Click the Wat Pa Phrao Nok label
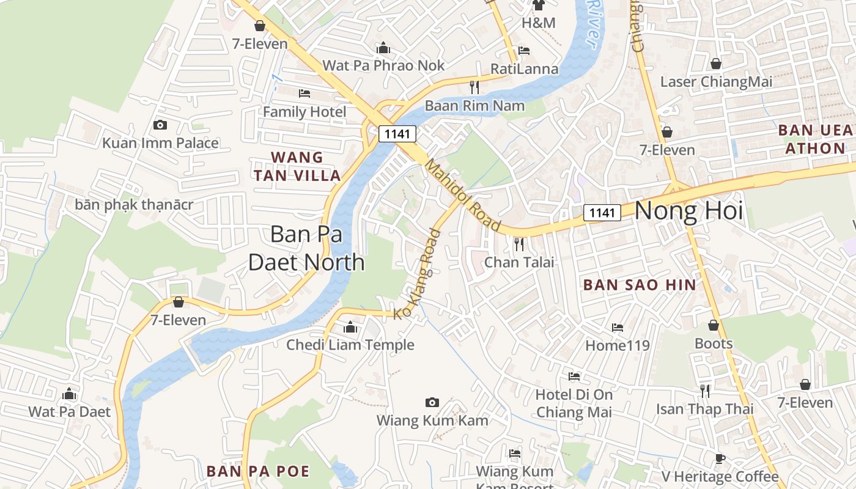383,65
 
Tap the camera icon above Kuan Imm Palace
160,125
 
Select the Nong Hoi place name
688,211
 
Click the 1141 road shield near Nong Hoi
602,213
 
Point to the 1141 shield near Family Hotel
397,134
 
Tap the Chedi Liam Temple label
350,345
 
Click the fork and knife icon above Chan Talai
519,244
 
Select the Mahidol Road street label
463,196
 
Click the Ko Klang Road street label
417,274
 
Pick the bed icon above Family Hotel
304,94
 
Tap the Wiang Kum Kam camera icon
432,402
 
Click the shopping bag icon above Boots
714,325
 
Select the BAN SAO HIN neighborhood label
640,285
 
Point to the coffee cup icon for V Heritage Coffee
720,458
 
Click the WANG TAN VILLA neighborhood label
297,166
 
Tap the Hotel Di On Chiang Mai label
574,403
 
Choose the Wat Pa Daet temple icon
69,394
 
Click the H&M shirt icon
539,6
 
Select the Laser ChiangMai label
716,82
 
